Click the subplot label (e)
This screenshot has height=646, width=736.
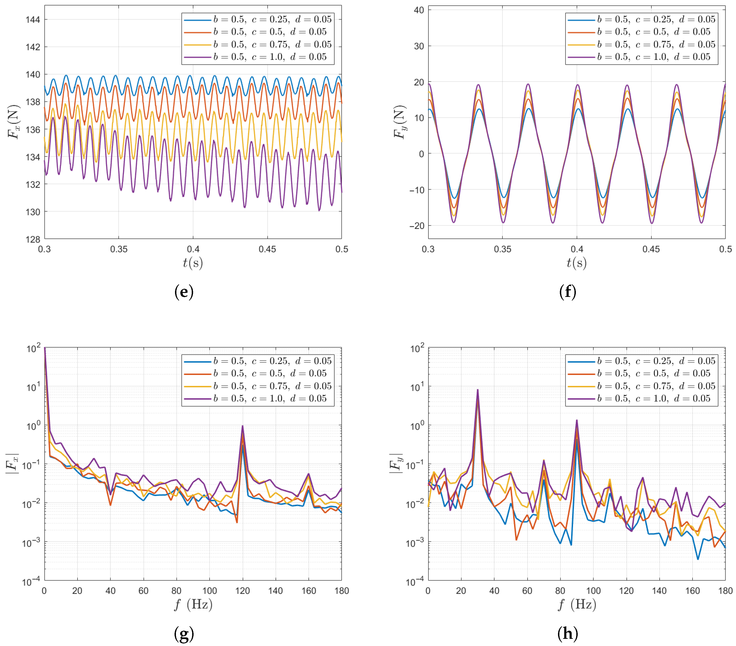184,292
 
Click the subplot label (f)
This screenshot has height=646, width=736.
567,292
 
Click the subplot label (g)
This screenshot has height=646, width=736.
184,633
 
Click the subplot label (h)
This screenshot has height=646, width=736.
567,633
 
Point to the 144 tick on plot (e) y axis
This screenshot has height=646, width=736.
32,19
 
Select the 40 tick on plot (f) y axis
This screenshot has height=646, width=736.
419,10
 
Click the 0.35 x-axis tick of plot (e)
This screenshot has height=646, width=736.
119,249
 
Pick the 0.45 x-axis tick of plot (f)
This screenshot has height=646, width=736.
651,249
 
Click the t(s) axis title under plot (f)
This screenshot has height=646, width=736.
577,263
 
